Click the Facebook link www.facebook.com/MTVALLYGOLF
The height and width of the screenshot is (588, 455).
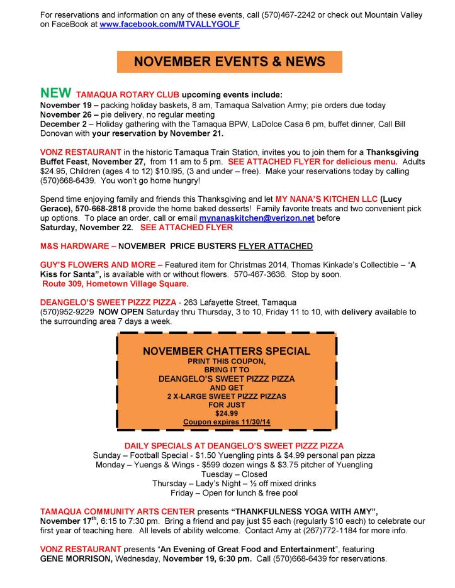(x=169, y=24)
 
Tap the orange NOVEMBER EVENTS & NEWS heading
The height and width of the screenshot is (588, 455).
(x=229, y=62)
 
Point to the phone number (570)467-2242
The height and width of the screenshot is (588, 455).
(x=285, y=14)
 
